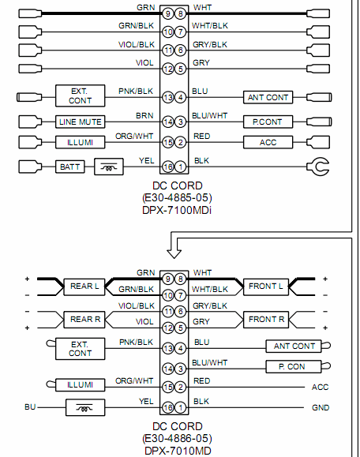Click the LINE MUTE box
point(81,122)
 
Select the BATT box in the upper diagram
point(70,167)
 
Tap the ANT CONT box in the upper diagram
point(268,97)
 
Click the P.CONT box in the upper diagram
point(268,122)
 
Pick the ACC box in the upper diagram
point(268,142)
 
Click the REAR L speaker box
point(84,287)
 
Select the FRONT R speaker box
point(266,320)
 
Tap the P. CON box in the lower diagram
point(293,366)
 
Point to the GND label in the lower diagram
point(321,407)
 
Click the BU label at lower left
point(30,406)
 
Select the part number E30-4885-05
point(177,198)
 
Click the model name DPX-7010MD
point(178,451)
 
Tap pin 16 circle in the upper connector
point(168,167)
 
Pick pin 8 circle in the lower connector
point(181,279)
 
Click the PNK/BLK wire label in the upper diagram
point(136,92)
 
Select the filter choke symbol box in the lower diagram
point(85,407)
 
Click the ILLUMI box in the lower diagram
point(81,384)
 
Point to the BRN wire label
point(144,116)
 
